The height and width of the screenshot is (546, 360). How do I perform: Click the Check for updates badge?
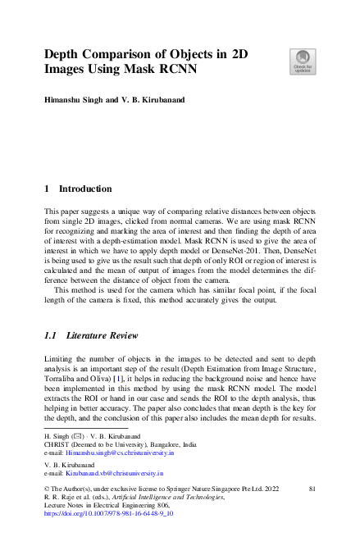coord(301,61)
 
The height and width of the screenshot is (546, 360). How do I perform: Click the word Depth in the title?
coord(65,55)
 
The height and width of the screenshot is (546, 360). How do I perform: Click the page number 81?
coord(312,489)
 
